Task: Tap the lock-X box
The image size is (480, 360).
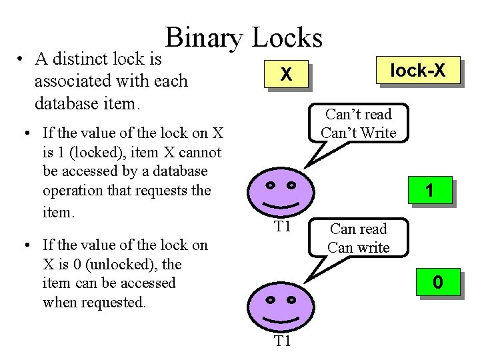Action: pos(417,70)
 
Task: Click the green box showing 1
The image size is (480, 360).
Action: pos(430,191)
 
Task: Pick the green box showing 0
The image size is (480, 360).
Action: pos(437,283)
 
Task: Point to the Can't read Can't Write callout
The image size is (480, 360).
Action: pos(358,124)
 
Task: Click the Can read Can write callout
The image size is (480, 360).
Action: pos(359,238)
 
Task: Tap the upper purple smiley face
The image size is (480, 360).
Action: pos(283,190)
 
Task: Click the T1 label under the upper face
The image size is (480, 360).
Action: pos(283,227)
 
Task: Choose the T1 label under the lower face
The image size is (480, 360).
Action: pos(283,342)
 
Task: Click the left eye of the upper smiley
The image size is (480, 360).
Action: pos(270,185)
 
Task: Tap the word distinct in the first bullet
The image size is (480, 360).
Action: pos(78,59)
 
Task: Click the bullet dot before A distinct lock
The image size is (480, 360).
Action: pos(23,60)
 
